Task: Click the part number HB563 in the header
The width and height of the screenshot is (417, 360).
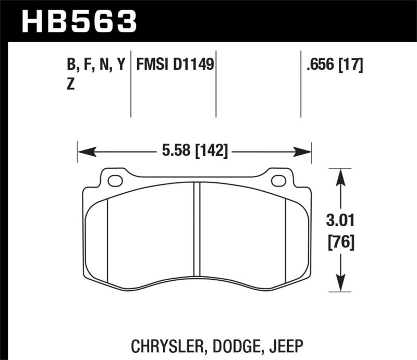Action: [x=78, y=21]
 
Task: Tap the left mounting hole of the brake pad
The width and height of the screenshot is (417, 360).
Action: [x=115, y=181]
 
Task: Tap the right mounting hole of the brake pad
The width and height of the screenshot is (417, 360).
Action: [x=279, y=181]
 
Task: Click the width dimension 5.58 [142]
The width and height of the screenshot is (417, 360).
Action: [x=194, y=152]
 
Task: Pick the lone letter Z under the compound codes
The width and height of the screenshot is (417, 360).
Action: [x=71, y=85]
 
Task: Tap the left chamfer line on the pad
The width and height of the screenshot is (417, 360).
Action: [x=107, y=240]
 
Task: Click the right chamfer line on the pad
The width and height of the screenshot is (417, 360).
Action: [x=286, y=240]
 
